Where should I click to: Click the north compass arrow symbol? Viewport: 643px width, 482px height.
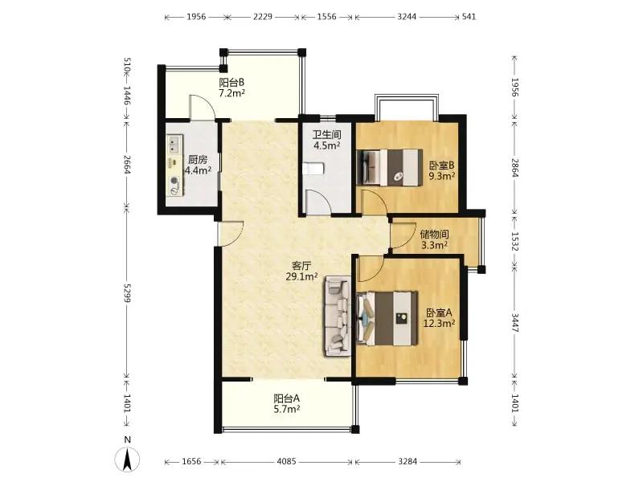[x=128, y=460]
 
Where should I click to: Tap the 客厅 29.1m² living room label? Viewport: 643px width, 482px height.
[x=302, y=271]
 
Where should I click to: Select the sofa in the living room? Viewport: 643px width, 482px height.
[x=338, y=316]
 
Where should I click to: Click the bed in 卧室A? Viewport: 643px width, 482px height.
[x=387, y=318]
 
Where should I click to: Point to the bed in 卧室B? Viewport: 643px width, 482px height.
[x=390, y=167]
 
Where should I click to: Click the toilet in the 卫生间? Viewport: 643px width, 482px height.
[x=314, y=169]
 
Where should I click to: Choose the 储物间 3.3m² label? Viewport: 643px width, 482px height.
[x=434, y=239]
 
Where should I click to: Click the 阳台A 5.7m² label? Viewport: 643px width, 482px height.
[x=287, y=403]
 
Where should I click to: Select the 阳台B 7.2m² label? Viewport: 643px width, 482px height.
[x=231, y=88]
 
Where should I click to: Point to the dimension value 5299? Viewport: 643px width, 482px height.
[x=127, y=292]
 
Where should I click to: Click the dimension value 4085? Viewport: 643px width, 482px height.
[x=286, y=461]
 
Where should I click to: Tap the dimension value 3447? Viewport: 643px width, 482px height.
[x=515, y=323]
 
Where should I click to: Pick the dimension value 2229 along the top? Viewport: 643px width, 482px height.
[x=263, y=17]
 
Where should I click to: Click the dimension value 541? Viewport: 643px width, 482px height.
[x=469, y=17]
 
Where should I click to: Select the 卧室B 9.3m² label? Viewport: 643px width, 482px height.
[x=441, y=171]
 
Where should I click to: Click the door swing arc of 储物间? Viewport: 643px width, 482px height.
[x=411, y=237]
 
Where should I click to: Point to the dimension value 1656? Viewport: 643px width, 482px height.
[x=191, y=461]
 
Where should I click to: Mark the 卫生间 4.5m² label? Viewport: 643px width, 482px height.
[x=327, y=140]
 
